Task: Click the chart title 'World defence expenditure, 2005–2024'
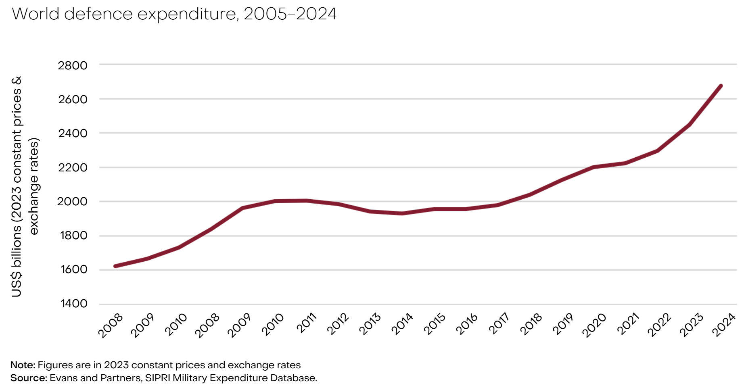[174, 14]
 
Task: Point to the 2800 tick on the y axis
[73, 65]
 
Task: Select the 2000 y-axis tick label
[73, 201]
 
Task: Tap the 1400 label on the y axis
[74, 303]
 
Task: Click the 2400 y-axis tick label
[73, 133]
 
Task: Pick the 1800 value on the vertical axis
[73, 236]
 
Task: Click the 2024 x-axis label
[724, 325]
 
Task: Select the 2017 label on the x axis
[499, 323]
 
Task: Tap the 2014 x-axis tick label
[402, 324]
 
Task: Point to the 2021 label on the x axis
[628, 324]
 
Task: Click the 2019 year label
[563, 324]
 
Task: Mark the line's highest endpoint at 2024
[721, 86]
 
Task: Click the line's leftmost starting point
[115, 266]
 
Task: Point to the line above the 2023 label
[690, 125]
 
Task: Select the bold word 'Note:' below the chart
[23, 365]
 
